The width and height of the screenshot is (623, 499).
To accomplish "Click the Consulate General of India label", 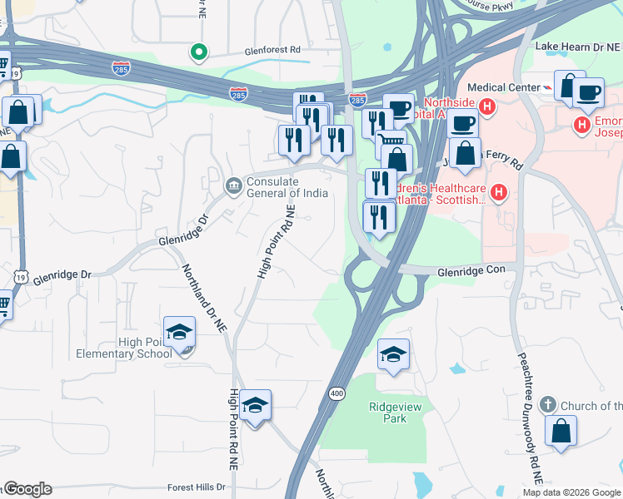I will click(x=287, y=188).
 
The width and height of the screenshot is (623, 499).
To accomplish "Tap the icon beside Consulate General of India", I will click(x=233, y=184).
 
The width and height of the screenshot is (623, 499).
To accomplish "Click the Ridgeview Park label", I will click(x=387, y=413).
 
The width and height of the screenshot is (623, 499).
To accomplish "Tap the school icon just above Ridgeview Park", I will click(x=394, y=355).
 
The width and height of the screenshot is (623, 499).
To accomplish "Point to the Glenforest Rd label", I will click(x=272, y=50).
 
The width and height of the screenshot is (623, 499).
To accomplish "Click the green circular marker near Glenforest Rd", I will click(x=198, y=52).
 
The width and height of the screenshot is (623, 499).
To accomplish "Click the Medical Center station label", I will click(x=504, y=86).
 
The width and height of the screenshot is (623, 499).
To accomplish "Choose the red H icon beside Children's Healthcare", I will click(x=499, y=194).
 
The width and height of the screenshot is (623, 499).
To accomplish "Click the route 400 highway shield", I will click(x=336, y=393).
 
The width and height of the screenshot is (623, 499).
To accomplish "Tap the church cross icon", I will click(x=547, y=405).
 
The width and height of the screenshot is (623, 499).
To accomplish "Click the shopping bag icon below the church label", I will click(x=561, y=432).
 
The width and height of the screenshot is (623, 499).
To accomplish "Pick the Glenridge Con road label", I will click(x=472, y=271).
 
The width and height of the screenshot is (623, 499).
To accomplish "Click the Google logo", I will click(x=27, y=489).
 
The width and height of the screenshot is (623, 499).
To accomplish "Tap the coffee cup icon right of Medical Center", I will click(x=589, y=92).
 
